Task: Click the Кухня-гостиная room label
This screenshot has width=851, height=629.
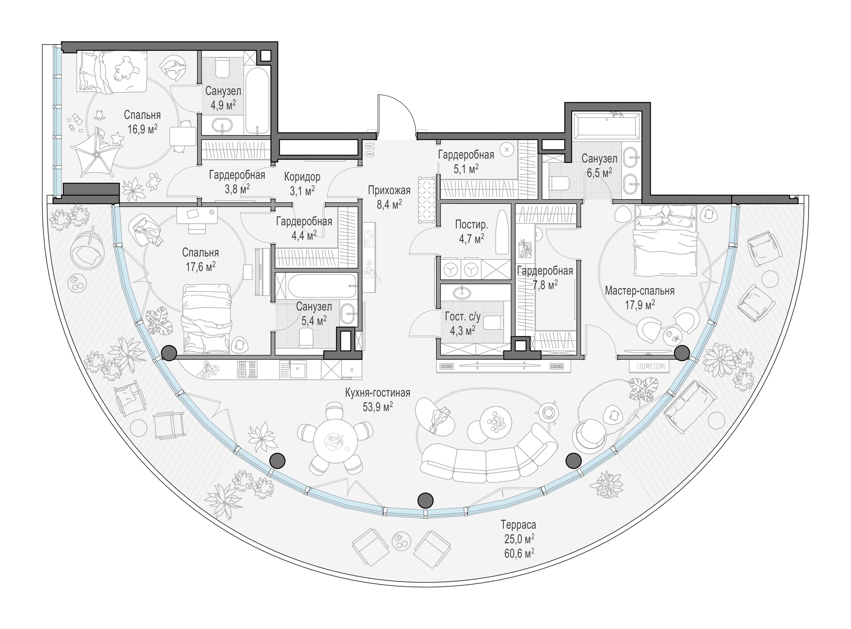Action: point(378,393)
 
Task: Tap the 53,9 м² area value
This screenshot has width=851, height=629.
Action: point(378,406)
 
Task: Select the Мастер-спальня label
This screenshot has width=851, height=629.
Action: point(640,291)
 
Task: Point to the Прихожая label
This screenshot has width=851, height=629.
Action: point(389,190)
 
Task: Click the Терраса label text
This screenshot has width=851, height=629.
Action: point(518,525)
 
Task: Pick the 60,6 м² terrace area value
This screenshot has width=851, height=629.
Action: point(519,552)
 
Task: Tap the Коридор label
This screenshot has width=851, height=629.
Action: point(302,177)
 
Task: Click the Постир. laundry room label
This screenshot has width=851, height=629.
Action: point(471,225)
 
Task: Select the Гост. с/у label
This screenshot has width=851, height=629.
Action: point(463,317)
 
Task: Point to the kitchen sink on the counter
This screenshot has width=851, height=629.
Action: point(296,369)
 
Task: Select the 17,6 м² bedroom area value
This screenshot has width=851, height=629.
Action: point(200,266)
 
